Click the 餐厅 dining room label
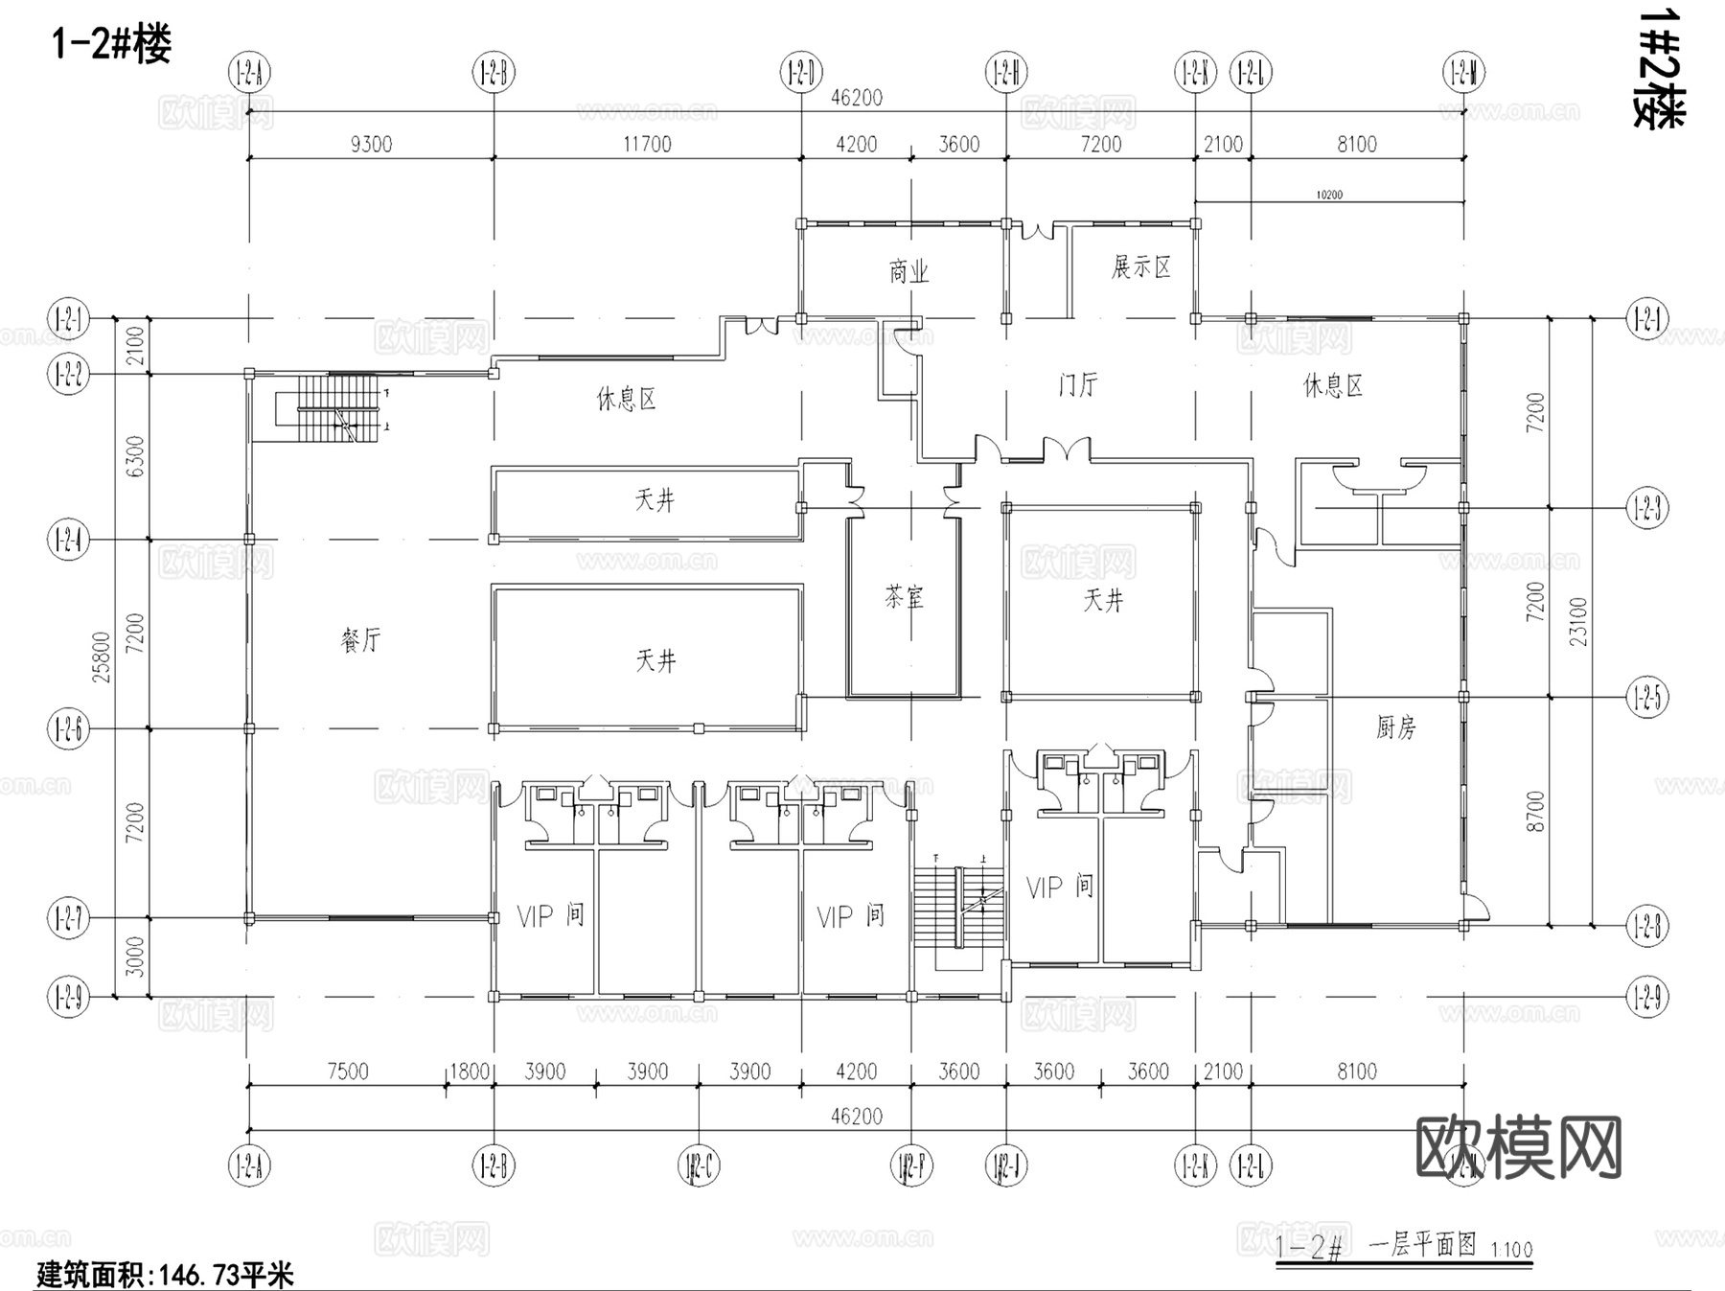pyautogui.click(x=360, y=639)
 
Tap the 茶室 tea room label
pyautogui.click(x=904, y=598)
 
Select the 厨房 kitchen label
pyautogui.click(x=1395, y=727)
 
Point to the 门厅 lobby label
pyautogui.click(x=1078, y=384)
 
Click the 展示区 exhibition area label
pyautogui.click(x=1140, y=267)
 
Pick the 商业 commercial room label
pyautogui.click(x=908, y=272)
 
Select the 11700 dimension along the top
pyautogui.click(x=647, y=144)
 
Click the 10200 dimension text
pyautogui.click(x=1328, y=195)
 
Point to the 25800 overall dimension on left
pyautogui.click(x=102, y=657)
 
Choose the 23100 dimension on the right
pyautogui.click(x=1578, y=621)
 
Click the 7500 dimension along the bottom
pyautogui.click(x=347, y=1071)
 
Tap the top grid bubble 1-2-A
pyautogui.click(x=249, y=73)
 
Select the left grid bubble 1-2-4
pyautogui.click(x=68, y=541)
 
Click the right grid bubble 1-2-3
pyautogui.click(x=1646, y=508)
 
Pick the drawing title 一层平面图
pyautogui.click(x=1422, y=1245)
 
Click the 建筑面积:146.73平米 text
pyautogui.click(x=165, y=1275)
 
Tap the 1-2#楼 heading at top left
pyautogui.click(x=111, y=44)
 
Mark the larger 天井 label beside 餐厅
pyautogui.click(x=655, y=660)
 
